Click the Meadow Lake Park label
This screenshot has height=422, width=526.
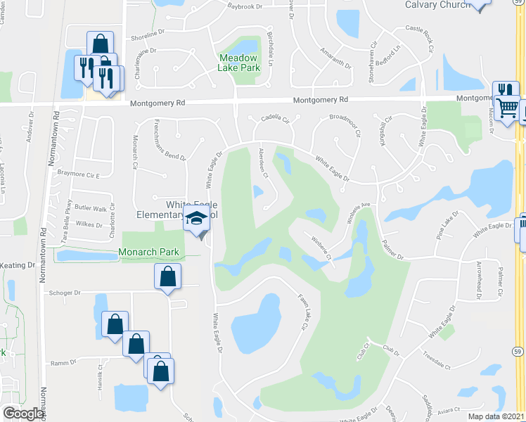pos(240,63)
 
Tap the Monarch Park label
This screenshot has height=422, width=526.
pos(148,252)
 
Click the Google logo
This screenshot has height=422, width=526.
pos(24,414)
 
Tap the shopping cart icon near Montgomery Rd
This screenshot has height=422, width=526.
pos(506,108)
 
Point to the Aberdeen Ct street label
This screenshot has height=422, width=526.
pos(264,158)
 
